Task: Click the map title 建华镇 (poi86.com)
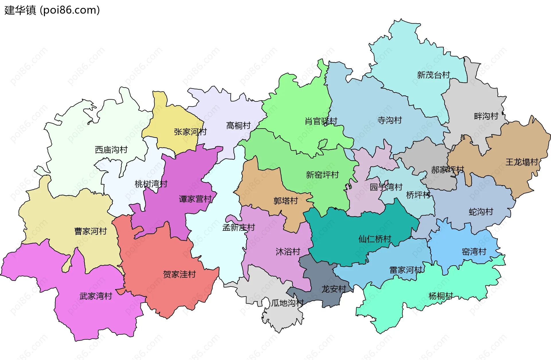click(x=52, y=10)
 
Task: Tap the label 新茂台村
click(x=433, y=75)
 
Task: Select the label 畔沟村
click(x=486, y=116)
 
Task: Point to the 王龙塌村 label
click(x=522, y=162)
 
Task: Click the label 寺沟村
click(x=389, y=120)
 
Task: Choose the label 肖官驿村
click(x=321, y=121)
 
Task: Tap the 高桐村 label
click(x=238, y=126)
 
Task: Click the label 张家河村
click(x=190, y=132)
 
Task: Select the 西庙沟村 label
click(x=111, y=150)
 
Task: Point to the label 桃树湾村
click(x=151, y=184)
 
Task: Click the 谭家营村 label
click(x=195, y=199)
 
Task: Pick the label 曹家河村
click(x=90, y=231)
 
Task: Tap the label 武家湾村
click(x=96, y=296)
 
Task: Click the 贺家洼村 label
click(x=179, y=274)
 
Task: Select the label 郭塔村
click(x=286, y=201)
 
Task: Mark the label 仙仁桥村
click(x=375, y=239)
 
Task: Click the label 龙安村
click(x=333, y=289)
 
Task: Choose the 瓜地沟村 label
click(x=287, y=303)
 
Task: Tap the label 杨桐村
click(x=441, y=296)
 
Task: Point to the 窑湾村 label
click(x=474, y=252)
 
